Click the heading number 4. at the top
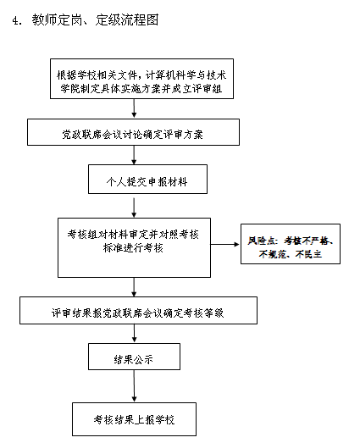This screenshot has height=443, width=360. (x=17, y=20)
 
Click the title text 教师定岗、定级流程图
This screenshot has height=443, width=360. (x=95, y=20)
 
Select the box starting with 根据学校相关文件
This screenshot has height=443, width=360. (x=141, y=79)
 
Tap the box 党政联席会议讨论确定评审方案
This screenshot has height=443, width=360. (x=133, y=132)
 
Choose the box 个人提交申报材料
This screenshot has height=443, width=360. (x=147, y=179)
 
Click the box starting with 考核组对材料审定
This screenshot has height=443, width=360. (x=134, y=247)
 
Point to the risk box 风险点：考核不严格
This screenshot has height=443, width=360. (x=291, y=244)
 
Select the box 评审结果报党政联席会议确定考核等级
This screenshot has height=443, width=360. (x=138, y=310)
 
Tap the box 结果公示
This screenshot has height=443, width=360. (x=134, y=357)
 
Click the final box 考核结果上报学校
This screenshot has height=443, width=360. (x=134, y=419)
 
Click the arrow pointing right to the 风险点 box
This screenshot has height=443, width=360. (x=225, y=244)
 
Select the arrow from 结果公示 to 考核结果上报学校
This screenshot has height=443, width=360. (x=134, y=386)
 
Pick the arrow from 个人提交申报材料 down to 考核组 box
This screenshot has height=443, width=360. (x=134, y=208)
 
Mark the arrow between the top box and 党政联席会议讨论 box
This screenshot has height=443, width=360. (x=134, y=108)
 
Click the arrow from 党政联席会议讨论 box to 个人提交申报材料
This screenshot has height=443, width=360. (x=134, y=155)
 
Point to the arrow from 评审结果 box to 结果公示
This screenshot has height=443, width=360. (x=134, y=334)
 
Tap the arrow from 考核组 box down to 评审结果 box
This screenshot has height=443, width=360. (x=134, y=287)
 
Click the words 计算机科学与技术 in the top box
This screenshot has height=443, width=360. (x=186, y=75)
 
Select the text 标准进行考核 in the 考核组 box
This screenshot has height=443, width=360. (x=133, y=248)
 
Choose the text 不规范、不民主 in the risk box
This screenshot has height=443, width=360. (x=291, y=254)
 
